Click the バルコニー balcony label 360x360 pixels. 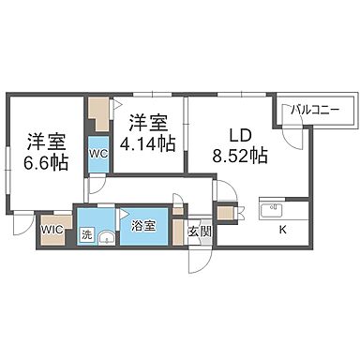(314, 110)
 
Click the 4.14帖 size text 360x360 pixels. (147, 142)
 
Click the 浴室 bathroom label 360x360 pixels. (143, 226)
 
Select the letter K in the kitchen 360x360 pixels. (280, 229)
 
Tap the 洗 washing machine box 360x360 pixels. (86, 235)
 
